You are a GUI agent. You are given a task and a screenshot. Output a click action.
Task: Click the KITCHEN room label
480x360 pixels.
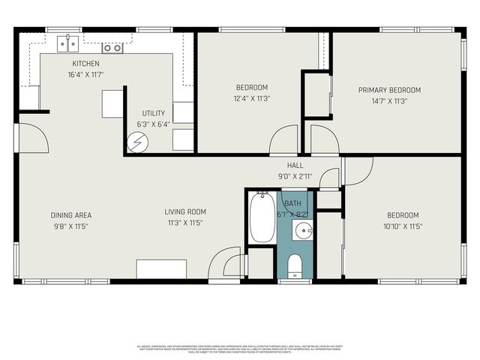click(x=86, y=64)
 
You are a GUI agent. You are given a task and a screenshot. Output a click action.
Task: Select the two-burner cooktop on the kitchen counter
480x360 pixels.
click(x=112, y=47)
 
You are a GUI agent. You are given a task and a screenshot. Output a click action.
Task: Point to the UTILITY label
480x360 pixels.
click(x=153, y=112)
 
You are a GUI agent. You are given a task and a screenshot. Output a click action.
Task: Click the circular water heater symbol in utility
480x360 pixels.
click(x=138, y=140)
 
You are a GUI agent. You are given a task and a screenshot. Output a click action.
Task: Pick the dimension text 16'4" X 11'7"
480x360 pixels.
click(x=86, y=75)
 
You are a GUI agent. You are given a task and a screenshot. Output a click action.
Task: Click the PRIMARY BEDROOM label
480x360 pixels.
click(x=389, y=90)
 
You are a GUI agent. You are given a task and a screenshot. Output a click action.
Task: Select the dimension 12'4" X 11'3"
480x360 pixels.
click(x=252, y=97)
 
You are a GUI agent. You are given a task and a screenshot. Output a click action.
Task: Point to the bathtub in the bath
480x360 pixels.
click(x=262, y=217)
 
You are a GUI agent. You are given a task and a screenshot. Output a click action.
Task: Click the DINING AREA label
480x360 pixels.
click(x=71, y=214)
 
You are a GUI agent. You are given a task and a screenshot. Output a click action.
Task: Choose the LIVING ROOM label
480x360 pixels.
click(x=185, y=211)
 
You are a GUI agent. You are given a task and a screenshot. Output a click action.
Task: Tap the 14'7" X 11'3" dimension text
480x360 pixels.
click(x=389, y=101)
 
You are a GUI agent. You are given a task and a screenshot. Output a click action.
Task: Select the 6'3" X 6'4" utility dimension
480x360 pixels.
click(x=153, y=124)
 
